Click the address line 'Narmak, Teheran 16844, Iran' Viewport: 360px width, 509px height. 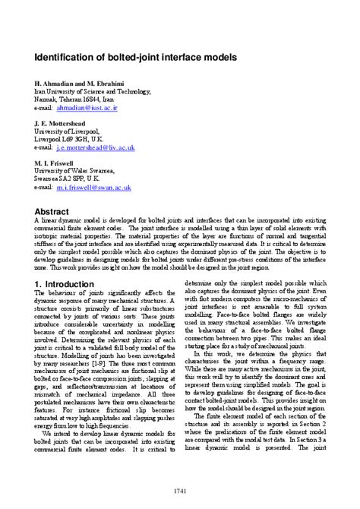click(x=74, y=100)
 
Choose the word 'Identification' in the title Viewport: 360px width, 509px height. click(x=65, y=57)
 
